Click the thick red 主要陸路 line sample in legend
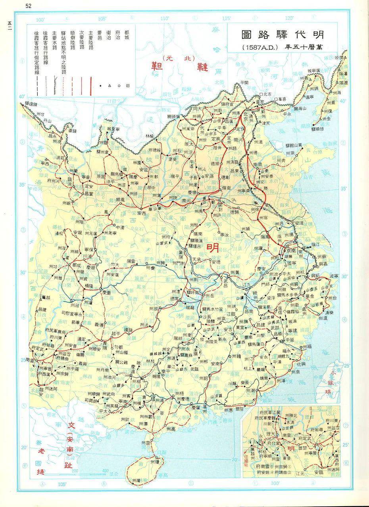point(91,84)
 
